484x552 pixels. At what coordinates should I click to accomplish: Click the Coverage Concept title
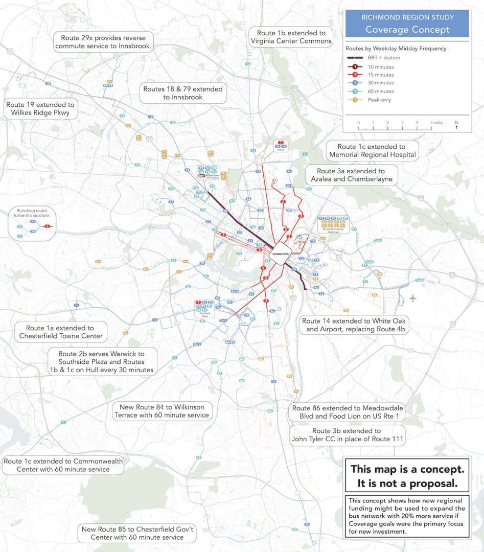407,29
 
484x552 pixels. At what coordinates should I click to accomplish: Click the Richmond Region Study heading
407,17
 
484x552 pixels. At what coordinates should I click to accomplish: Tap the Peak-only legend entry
379,100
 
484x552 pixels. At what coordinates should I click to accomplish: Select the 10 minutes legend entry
380,66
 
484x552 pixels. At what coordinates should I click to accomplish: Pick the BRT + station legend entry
384,58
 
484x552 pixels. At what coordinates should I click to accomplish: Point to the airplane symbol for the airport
413,297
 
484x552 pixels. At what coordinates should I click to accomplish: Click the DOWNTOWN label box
281,254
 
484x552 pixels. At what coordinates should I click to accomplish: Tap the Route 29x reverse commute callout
106,42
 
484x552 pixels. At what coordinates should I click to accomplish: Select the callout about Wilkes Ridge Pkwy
40,108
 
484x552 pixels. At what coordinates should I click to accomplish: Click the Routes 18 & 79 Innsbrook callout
183,93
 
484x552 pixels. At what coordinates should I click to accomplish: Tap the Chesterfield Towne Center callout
61,332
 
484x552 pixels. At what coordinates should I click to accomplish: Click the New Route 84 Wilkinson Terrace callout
162,411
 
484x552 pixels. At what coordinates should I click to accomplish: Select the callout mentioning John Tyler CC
348,435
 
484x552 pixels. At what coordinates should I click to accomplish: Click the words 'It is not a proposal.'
407,482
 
